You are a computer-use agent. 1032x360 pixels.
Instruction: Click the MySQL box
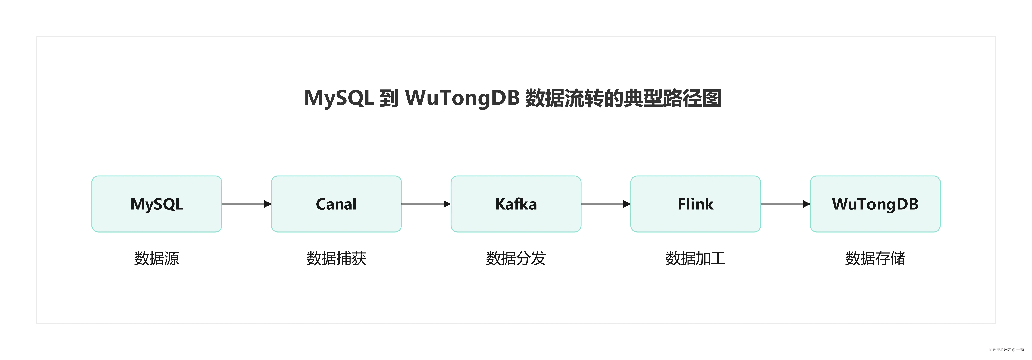[x=157, y=204]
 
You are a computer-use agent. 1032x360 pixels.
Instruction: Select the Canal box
[x=336, y=204]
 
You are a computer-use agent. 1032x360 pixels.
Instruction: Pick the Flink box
[x=695, y=204]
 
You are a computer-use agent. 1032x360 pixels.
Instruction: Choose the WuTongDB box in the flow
[x=875, y=204]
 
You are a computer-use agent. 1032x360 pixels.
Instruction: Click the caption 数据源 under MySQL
[x=157, y=258]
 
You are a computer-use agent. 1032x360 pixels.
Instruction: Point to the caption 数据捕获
[x=336, y=258]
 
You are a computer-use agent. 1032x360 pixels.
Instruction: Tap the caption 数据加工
[x=695, y=258]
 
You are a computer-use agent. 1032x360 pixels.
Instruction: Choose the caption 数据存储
[x=875, y=258]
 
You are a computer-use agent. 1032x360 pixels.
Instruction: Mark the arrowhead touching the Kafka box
[x=447, y=204]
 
